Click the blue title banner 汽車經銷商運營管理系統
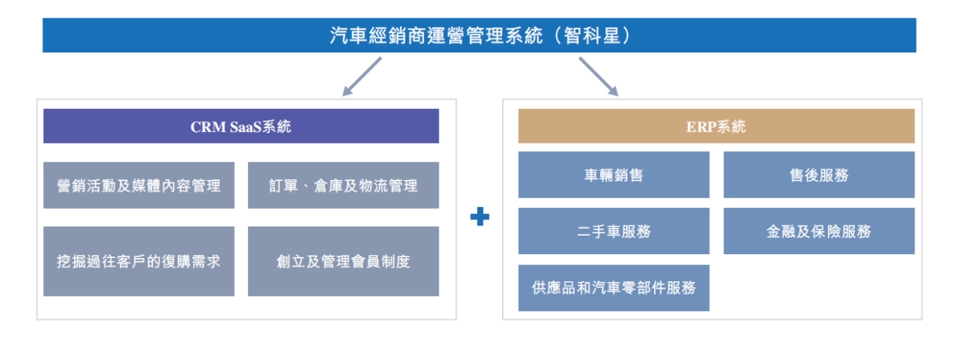click(479, 35)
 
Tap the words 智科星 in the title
click(592, 36)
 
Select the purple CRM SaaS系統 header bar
click(241, 126)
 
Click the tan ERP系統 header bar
click(716, 126)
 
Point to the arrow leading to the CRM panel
click(362, 76)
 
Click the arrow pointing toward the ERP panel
click(599, 76)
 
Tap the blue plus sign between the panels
click(480, 216)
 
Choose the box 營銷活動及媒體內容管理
click(139, 185)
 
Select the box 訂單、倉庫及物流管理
click(344, 185)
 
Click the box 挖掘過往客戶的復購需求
click(139, 261)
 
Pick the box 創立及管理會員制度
click(344, 261)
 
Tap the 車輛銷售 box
click(614, 175)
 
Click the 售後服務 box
click(819, 175)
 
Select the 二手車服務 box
click(614, 231)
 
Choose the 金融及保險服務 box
click(819, 231)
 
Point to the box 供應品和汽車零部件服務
click(614, 288)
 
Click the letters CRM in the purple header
click(209, 127)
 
